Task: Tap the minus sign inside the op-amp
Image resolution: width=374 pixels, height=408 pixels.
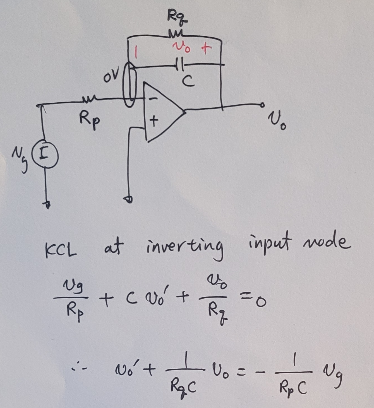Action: [x=153, y=98]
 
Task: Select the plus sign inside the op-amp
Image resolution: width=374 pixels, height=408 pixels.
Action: [x=154, y=120]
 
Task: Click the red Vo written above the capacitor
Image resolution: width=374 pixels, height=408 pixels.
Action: [x=181, y=47]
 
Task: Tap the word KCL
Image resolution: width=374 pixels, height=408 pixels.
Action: [x=61, y=250]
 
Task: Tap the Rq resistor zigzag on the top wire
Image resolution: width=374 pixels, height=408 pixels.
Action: [x=176, y=34]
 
